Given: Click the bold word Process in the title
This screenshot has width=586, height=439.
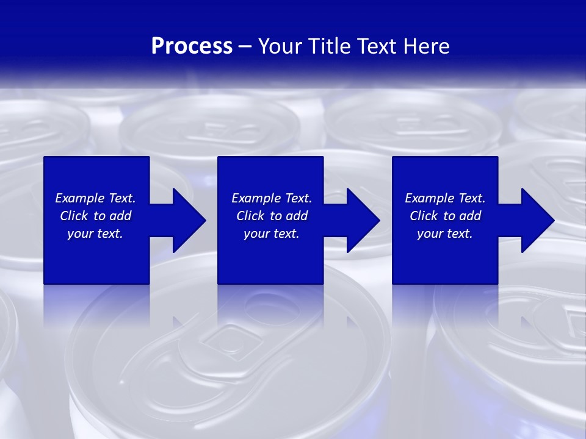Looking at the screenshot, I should tap(192, 46).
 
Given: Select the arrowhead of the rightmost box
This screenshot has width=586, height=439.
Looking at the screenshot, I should tap(537, 220).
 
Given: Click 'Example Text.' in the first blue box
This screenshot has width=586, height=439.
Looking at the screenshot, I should tap(95, 198).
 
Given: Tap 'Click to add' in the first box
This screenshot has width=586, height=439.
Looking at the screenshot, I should tap(95, 216).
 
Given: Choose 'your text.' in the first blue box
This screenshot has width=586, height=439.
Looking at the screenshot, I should tap(95, 234).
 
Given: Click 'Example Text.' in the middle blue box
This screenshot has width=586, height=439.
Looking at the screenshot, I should tap(272, 198).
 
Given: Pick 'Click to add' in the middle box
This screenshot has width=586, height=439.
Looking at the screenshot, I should tap(272, 216).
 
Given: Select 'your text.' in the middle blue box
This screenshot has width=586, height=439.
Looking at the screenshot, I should tap(272, 234).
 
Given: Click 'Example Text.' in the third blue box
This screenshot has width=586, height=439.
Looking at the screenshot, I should tap(445, 198).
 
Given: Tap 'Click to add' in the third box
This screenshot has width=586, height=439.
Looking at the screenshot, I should tap(445, 216).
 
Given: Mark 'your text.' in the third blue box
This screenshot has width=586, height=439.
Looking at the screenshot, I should tap(445, 234).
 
